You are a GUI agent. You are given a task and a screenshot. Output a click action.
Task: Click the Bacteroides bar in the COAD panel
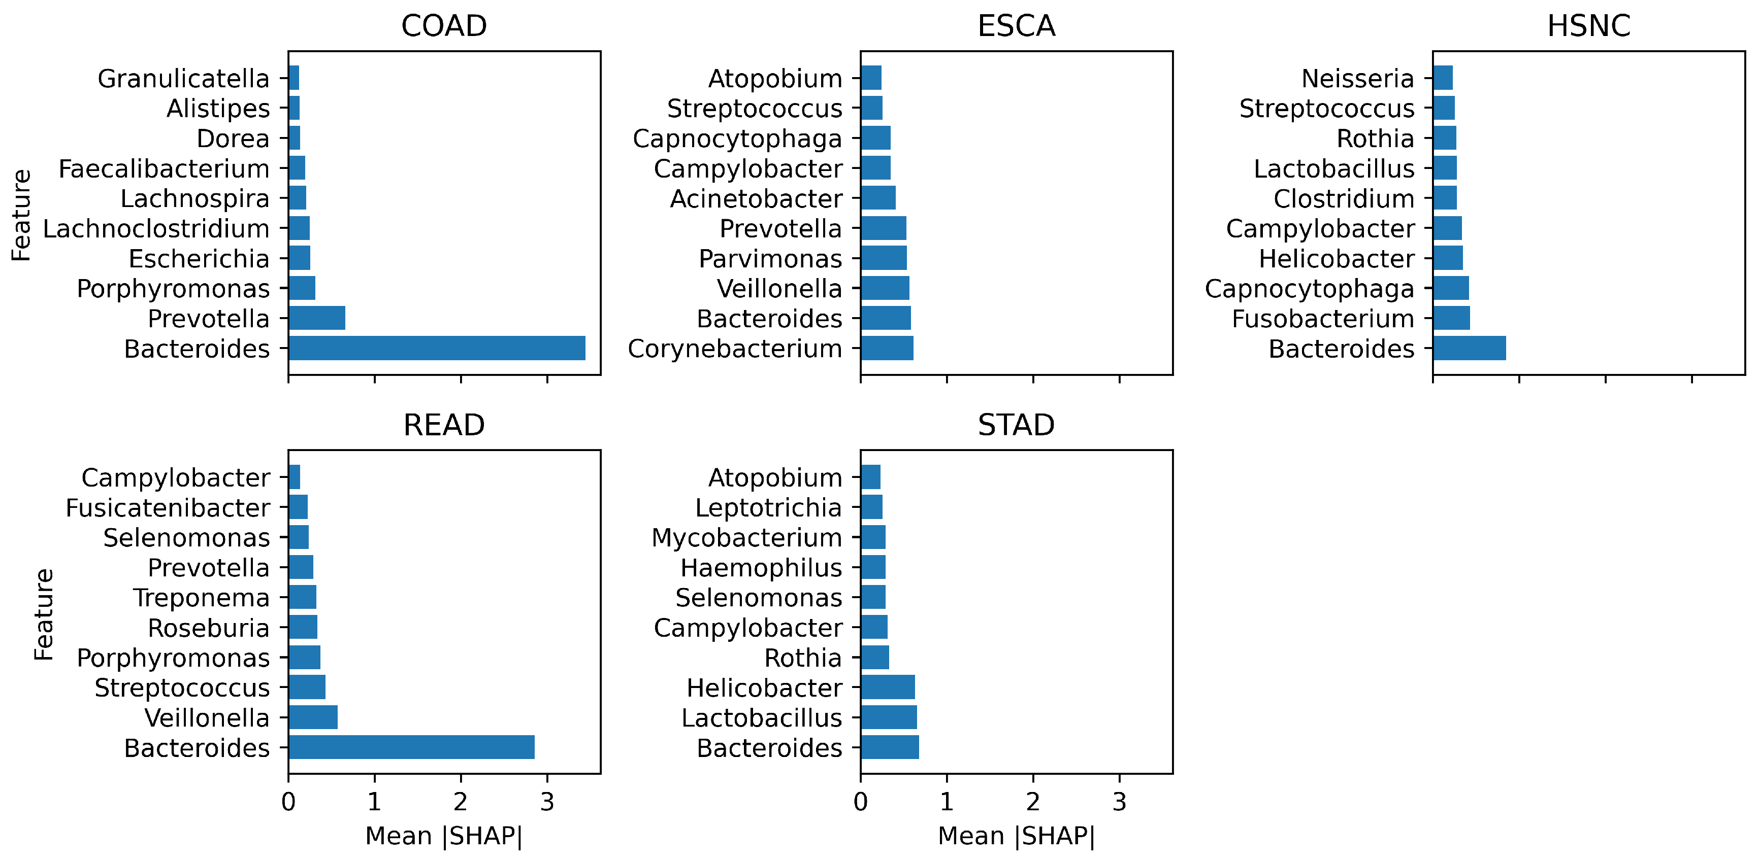[x=437, y=348]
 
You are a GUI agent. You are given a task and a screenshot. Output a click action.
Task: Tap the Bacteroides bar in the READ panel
[x=411, y=747]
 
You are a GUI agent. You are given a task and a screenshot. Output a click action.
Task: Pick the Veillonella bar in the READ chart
[x=313, y=717]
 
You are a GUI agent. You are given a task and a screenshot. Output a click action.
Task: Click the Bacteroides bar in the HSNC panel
[x=1470, y=348]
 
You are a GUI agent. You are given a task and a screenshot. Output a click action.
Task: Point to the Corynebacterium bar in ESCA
[x=887, y=348]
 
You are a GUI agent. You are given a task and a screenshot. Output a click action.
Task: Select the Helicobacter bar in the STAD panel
[x=888, y=687]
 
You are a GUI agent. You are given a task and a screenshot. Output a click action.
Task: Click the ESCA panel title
[x=1016, y=26]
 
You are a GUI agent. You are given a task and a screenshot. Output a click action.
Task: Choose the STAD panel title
[x=1016, y=425]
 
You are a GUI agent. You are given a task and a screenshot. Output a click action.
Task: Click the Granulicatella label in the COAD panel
[x=184, y=79]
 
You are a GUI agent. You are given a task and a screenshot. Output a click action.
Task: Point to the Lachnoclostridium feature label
[x=156, y=228]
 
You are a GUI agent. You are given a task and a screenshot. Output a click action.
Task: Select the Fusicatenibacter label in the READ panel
[x=168, y=507]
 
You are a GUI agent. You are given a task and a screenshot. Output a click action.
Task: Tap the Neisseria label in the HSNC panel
[x=1357, y=79]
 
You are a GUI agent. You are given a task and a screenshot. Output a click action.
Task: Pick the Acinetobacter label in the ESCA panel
[x=756, y=198]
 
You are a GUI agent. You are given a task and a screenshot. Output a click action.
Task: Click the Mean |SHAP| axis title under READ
[x=444, y=836]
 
